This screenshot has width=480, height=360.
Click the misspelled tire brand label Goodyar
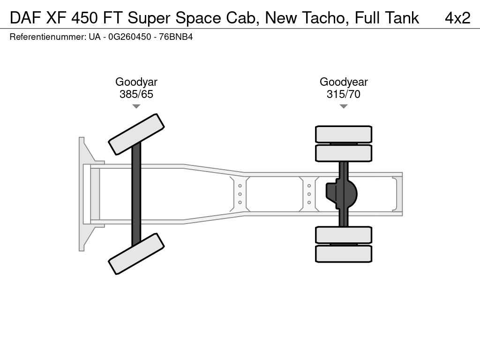[136, 82]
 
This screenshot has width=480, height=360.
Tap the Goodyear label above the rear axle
[344, 82]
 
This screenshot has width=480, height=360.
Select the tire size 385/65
[136, 94]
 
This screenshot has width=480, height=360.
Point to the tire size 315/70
[344, 94]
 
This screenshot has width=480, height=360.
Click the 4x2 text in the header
[457, 18]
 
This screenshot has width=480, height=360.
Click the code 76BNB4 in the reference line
[176, 37]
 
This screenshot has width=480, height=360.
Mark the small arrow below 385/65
[136, 106]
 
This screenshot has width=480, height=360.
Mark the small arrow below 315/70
[344, 106]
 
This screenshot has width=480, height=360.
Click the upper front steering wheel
[136, 134]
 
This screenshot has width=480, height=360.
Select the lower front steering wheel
[136, 254]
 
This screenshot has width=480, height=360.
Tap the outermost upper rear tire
[344, 134]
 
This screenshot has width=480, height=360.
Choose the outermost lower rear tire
[344, 254]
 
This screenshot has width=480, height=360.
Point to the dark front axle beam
[136, 194]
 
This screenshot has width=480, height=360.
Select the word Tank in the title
[402, 18]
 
